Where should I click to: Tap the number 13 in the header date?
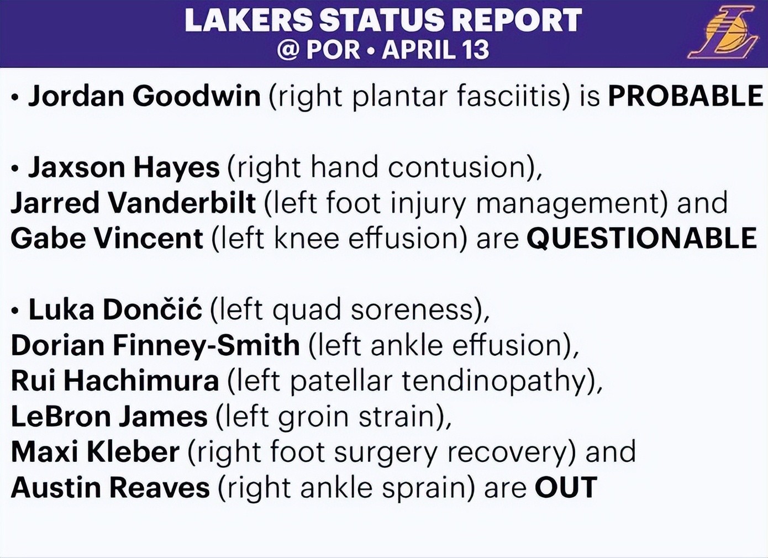[x=474, y=50]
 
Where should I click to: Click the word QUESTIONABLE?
[x=641, y=238]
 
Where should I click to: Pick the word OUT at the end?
[x=566, y=487]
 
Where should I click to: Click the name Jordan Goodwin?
[x=144, y=96]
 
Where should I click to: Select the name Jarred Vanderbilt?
[x=133, y=203]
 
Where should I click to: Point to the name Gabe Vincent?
[x=107, y=238]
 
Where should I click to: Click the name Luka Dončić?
[x=115, y=309]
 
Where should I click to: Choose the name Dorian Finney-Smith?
[x=155, y=345]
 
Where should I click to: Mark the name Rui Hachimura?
[x=115, y=381]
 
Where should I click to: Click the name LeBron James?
[x=109, y=417]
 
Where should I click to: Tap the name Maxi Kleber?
[x=96, y=452]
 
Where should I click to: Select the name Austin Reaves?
[x=111, y=487]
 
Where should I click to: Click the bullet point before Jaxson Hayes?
[x=14, y=169]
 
